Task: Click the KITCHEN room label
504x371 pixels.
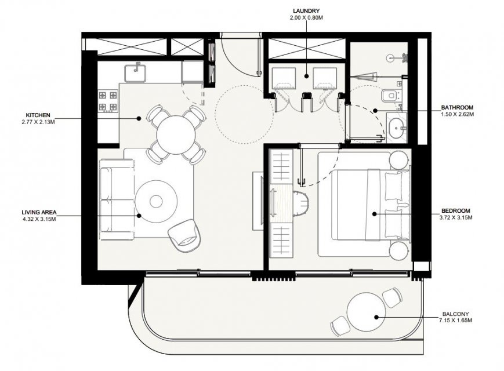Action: coord(38,115)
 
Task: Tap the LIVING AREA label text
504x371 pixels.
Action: coord(39,212)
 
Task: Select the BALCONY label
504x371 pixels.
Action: coord(455,314)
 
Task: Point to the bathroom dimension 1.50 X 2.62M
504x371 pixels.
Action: coord(457,114)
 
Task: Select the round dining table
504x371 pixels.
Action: coord(176,134)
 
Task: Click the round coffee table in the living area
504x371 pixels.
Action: coord(156,201)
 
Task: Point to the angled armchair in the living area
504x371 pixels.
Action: coord(186,236)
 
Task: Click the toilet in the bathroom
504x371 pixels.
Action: coord(390,96)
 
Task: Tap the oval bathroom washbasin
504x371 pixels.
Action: coord(397,128)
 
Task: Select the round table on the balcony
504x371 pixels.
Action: coord(366,312)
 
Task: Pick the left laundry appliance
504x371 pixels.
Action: coord(284,78)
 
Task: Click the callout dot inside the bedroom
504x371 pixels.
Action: coord(374,214)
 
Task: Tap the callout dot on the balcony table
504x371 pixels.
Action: coord(376,317)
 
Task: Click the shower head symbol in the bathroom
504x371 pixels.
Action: coord(390,58)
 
